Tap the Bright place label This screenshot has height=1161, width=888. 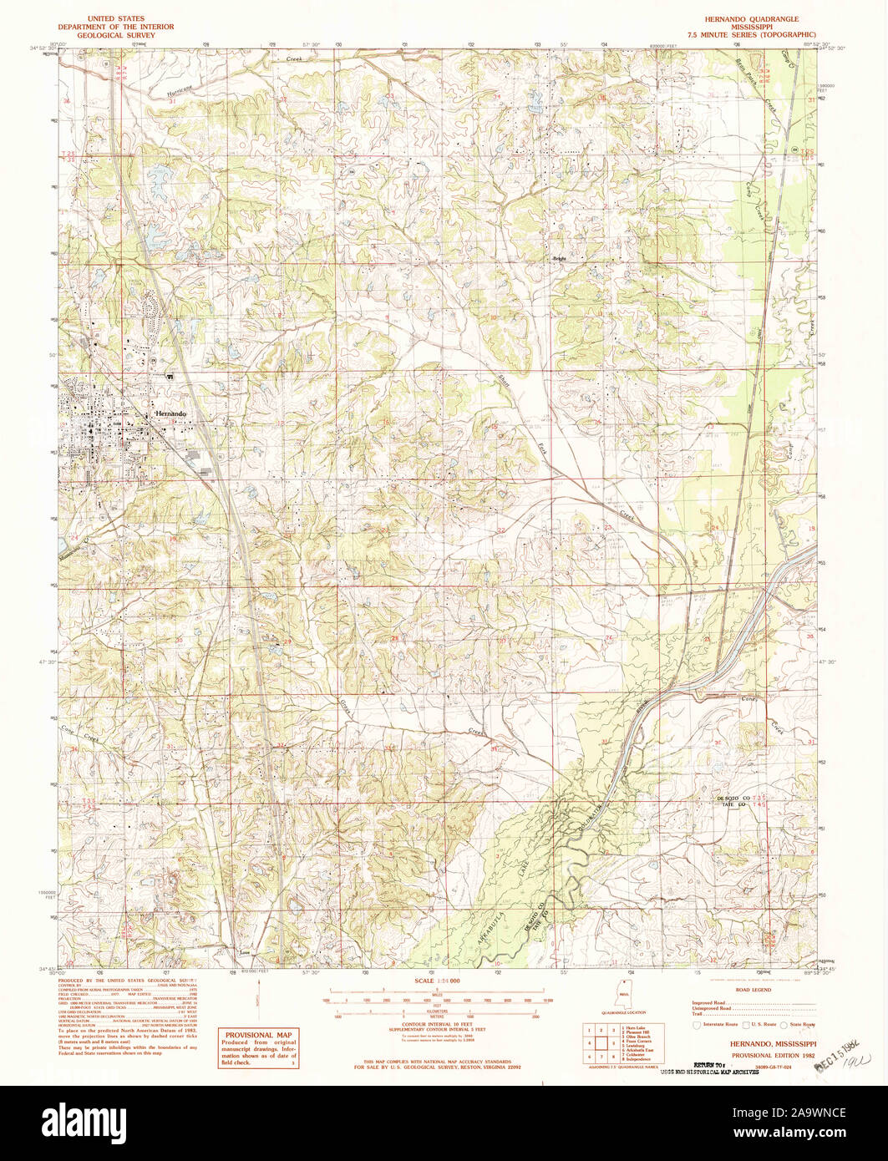pos(559,259)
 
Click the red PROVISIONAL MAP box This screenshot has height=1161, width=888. pos(259,1047)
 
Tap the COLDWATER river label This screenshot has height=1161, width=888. pos(593,809)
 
